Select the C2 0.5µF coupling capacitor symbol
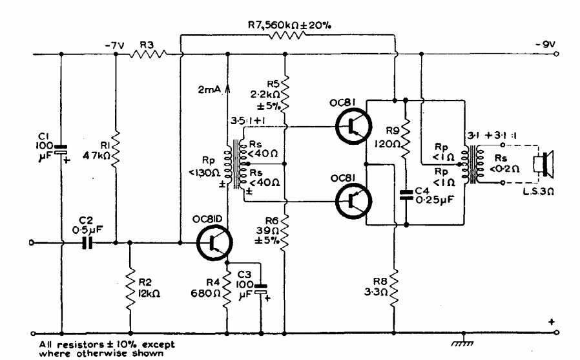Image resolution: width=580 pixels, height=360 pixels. (88, 244)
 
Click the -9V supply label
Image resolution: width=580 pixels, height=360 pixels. (542, 45)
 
